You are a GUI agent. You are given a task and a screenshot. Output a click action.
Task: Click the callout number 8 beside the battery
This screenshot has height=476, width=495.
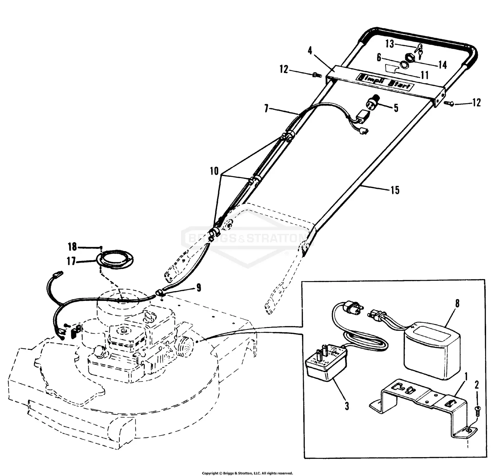457,303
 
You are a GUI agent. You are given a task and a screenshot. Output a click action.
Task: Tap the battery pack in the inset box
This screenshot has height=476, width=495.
432,350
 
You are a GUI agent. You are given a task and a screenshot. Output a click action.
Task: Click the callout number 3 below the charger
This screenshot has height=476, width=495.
347,406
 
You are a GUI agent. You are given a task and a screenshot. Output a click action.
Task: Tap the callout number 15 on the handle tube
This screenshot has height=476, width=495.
395,190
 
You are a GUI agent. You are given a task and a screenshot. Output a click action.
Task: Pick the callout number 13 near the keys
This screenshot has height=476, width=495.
390,44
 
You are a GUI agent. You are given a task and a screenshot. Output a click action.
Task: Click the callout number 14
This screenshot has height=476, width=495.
442,65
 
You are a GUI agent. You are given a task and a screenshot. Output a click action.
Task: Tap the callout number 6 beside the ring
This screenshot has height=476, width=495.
379,58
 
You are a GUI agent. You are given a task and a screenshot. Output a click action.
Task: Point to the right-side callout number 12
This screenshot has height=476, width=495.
476,103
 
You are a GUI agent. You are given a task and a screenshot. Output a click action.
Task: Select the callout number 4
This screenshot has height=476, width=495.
310,51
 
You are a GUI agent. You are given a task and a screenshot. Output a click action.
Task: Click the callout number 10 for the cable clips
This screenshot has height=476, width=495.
214,171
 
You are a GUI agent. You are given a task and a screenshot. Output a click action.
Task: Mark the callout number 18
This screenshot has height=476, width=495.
72,246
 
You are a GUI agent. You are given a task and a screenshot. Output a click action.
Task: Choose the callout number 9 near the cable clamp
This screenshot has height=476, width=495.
198,288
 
